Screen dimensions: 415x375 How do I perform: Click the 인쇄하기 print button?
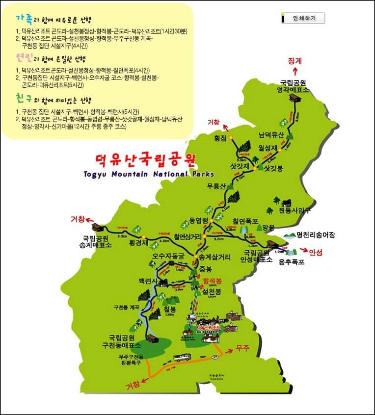[303, 18]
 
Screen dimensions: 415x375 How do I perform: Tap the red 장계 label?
[295, 61]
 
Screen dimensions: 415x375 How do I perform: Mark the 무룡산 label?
[216, 186]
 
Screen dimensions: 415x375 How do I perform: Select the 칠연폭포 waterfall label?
[245, 221]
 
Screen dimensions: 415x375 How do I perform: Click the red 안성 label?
[316, 252]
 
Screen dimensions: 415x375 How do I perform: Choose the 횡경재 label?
[138, 242]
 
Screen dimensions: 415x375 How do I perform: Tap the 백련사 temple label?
[148, 281]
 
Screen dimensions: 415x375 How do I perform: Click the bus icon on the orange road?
[184, 358]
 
